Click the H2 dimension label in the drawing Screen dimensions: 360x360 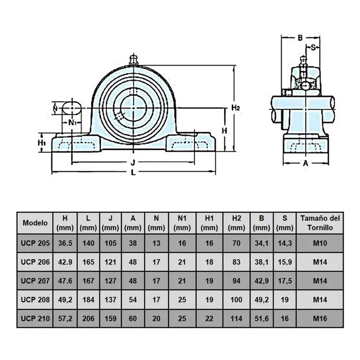click(x=235, y=108)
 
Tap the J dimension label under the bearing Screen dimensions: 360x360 click(x=133, y=163)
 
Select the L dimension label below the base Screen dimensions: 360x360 click(x=133, y=173)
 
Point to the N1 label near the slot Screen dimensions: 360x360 click(x=73, y=123)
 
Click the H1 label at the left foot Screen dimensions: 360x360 click(x=42, y=143)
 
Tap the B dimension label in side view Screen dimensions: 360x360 click(x=300, y=38)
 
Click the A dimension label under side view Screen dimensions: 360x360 click(x=305, y=163)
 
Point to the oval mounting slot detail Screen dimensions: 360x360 click(x=72, y=108)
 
